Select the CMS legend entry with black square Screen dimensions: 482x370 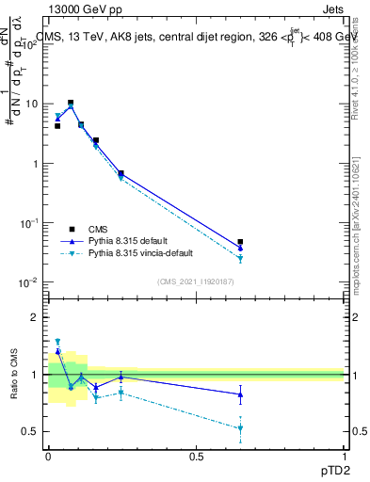[104, 229]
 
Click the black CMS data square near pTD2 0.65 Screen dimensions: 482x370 [240, 242]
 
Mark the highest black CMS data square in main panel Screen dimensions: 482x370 [71, 103]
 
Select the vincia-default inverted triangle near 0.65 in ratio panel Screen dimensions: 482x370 [240, 429]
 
